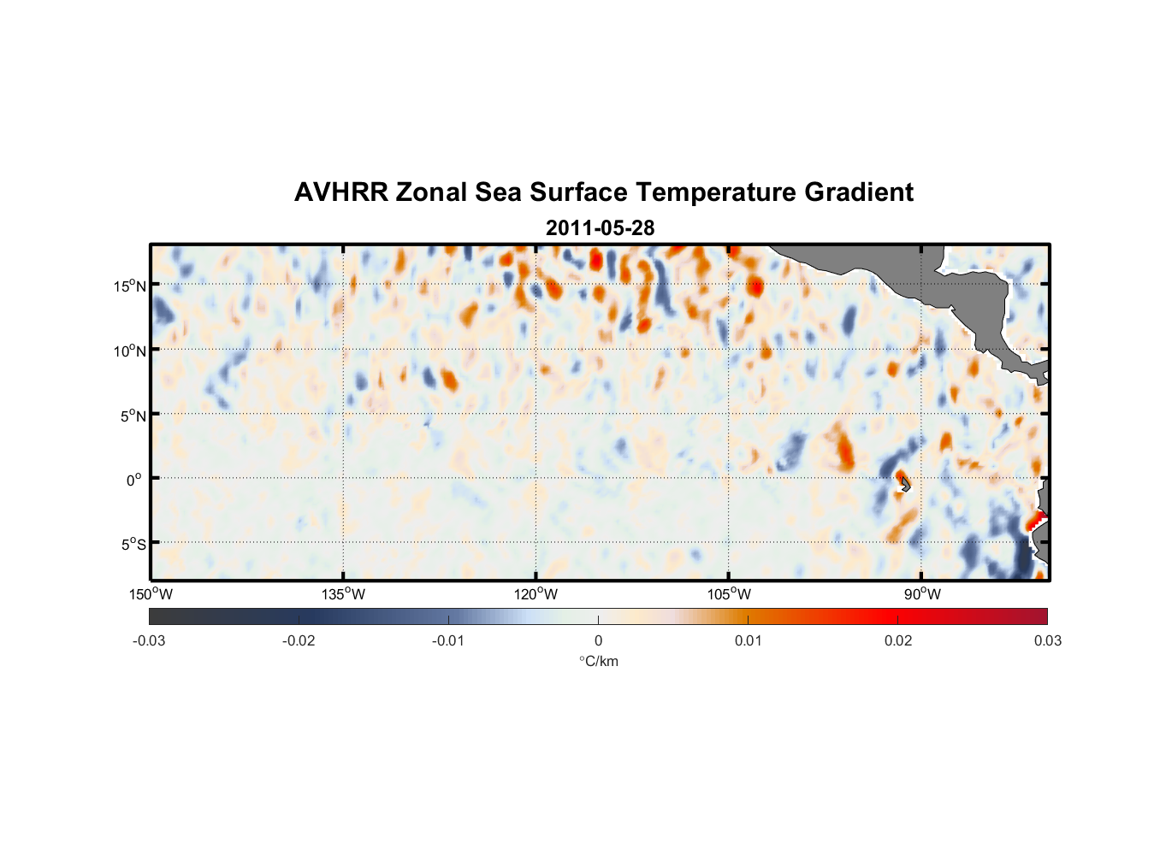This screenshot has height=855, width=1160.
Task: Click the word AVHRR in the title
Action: tap(340, 192)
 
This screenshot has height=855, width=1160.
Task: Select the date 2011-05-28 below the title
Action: tap(600, 228)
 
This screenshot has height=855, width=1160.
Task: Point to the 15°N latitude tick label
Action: tap(130, 286)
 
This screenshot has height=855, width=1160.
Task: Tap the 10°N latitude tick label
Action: tap(130, 351)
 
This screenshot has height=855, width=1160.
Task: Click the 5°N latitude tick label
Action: tap(133, 416)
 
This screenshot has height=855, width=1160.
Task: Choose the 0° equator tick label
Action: tap(134, 480)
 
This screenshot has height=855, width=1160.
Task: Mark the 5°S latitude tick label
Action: tap(133, 545)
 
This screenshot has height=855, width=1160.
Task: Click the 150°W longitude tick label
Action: tap(151, 594)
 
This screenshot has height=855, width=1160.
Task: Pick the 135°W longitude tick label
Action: tap(344, 594)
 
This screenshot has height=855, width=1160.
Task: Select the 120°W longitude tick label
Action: tap(536, 594)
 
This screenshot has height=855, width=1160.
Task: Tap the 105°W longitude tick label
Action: tap(729, 594)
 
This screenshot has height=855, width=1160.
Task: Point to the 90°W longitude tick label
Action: tap(921, 594)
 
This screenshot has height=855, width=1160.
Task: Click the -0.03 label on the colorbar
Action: tap(149, 640)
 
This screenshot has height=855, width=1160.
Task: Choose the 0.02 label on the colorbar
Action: tap(898, 640)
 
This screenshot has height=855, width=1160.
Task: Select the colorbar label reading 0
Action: tap(598, 640)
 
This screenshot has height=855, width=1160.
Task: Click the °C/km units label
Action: tap(598, 661)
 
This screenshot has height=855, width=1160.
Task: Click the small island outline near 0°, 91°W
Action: tap(904, 484)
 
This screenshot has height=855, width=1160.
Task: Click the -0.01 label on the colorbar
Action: tap(448, 640)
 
